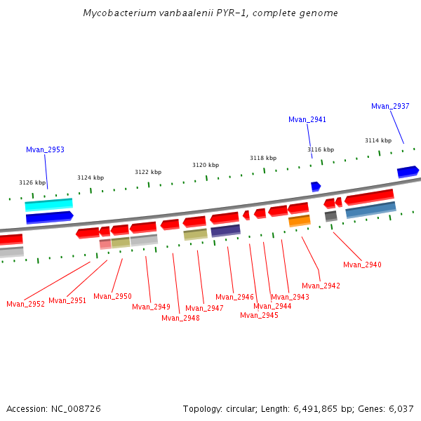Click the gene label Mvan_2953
point(45,149)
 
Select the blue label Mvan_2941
point(307,119)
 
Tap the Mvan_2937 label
point(390,106)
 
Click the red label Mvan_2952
point(25,304)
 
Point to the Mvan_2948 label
point(180,318)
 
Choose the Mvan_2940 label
point(362,265)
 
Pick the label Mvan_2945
point(259,315)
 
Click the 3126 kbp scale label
point(32,182)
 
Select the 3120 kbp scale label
point(206,165)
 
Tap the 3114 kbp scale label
point(378,140)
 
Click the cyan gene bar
point(48,204)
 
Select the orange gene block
point(299,221)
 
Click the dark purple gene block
point(225,230)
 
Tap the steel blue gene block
point(370,209)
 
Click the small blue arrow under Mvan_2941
point(316,186)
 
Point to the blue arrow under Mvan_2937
point(408,171)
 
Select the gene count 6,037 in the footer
point(399,408)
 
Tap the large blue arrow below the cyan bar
point(49,218)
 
